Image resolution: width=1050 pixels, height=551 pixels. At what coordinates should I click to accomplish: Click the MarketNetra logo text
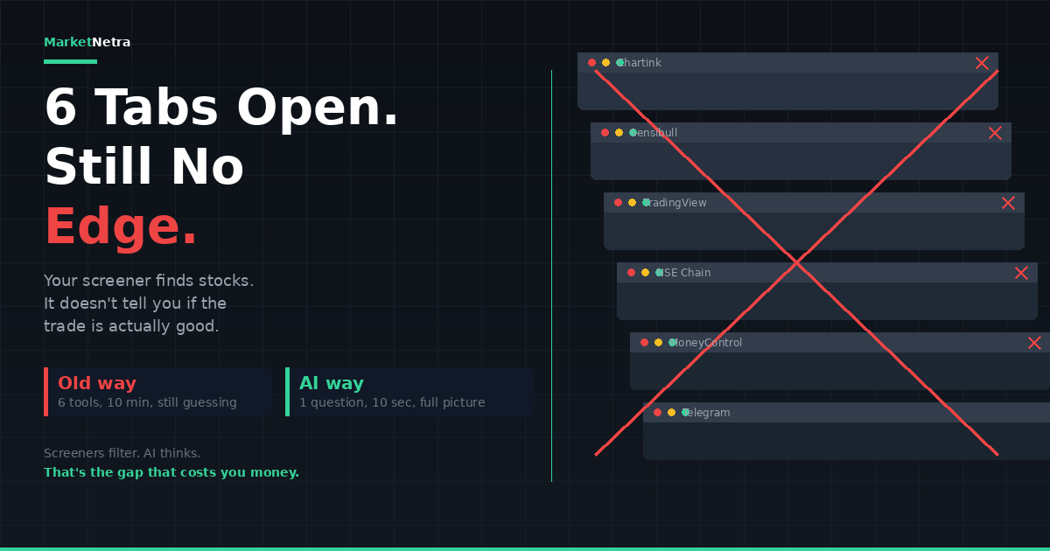(87, 42)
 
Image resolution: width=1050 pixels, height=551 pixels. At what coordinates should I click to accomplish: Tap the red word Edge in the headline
(121, 227)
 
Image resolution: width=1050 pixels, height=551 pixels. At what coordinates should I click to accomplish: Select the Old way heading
(97, 383)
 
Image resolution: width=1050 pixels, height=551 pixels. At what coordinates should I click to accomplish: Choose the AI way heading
(332, 383)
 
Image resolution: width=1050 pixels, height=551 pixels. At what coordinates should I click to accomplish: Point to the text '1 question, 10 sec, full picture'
(392, 403)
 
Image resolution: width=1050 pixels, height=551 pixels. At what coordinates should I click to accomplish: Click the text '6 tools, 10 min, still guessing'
(147, 403)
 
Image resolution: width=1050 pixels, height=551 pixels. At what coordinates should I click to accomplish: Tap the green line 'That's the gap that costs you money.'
(171, 472)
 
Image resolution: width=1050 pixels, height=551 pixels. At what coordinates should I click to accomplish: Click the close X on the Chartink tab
(982, 63)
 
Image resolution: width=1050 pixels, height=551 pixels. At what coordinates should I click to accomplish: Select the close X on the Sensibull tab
(995, 133)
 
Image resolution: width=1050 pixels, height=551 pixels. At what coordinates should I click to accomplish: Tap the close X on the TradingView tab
(1008, 203)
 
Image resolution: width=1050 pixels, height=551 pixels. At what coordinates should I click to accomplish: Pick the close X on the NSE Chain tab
(1021, 273)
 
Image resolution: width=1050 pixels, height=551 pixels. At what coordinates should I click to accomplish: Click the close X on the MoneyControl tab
(1034, 343)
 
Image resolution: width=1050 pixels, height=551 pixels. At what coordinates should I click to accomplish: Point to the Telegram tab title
(706, 413)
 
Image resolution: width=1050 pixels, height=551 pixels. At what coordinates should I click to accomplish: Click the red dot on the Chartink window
(591, 63)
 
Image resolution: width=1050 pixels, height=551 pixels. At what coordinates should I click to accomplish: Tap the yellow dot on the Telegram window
(671, 413)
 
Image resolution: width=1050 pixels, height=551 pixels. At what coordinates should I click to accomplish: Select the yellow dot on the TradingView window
(632, 203)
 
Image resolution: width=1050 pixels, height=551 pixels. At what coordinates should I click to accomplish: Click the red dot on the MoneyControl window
(644, 343)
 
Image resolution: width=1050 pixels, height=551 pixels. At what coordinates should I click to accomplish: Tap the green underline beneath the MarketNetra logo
(70, 61)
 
